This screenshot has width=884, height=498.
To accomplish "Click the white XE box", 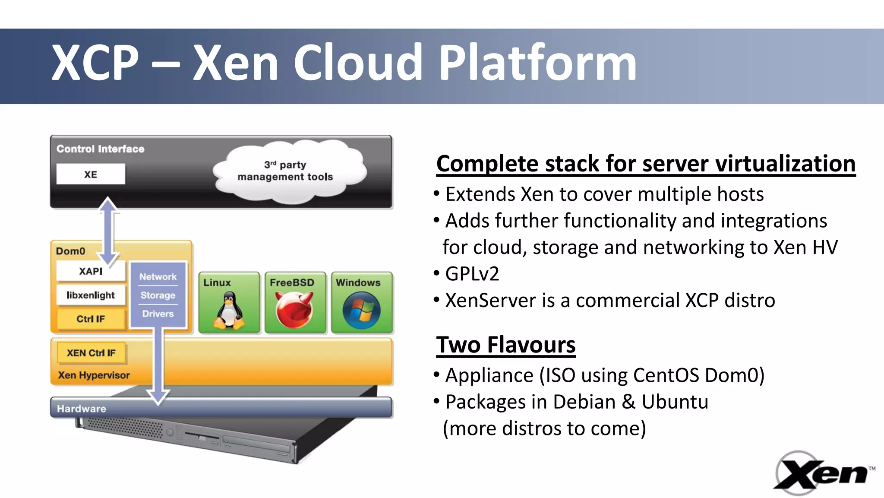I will [91, 174].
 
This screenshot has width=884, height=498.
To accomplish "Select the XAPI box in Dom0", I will [91, 271].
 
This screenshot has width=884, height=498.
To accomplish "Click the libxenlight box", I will [91, 295].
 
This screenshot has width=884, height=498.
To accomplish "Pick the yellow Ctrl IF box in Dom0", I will [91, 319].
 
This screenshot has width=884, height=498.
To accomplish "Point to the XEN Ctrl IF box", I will [91, 353].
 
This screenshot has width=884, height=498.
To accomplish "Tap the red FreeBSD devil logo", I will [294, 310].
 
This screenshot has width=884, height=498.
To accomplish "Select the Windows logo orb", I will [361, 310].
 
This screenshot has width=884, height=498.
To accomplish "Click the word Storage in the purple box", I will [158, 295].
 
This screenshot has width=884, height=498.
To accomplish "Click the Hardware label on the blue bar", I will [82, 409].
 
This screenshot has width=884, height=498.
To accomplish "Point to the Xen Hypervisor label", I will [94, 375].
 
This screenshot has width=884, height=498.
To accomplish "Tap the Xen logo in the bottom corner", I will [822, 473].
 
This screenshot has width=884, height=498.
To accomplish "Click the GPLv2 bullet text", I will [472, 274].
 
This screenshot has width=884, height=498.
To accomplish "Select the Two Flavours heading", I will [505, 345].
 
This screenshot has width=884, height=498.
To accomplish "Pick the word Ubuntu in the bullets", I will [675, 402].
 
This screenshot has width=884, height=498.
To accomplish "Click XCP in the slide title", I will [95, 63].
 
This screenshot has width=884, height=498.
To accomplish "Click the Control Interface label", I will [100, 149].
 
